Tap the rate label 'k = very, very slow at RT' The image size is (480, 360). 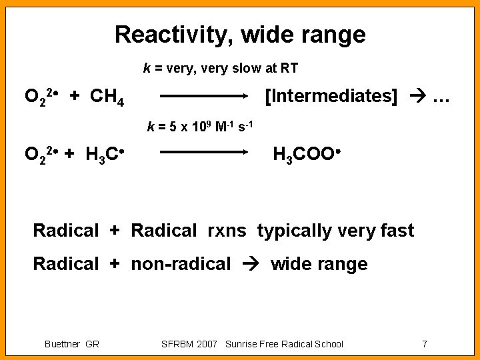click(221, 68)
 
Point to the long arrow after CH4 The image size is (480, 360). click(203, 96)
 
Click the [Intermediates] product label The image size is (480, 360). click(331, 96)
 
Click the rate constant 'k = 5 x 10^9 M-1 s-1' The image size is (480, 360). click(200, 126)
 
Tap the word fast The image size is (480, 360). click(398, 231)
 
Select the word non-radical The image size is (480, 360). click(181, 264)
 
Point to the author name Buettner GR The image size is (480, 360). click(71, 344)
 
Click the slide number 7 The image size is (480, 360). click(424, 344)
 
